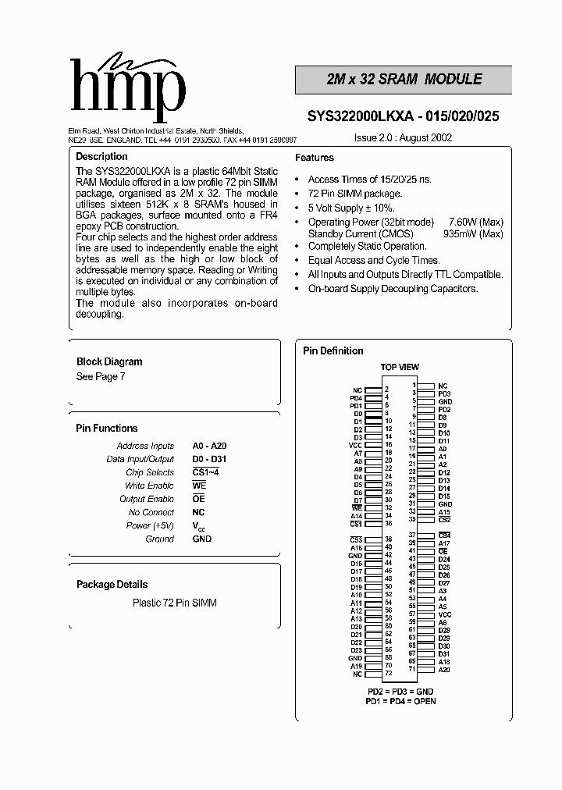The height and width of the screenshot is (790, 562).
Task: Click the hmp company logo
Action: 127,88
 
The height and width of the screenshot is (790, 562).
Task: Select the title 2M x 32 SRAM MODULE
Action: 404,80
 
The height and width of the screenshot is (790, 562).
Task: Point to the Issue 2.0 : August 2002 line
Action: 404,137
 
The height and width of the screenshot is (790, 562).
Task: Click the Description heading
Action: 101,157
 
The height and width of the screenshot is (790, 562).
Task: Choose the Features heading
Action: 315,158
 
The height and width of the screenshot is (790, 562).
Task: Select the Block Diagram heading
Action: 109,361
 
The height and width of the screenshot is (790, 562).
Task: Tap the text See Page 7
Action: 101,376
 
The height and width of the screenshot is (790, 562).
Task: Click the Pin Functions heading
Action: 106,428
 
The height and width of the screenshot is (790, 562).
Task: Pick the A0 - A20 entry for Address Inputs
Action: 209,446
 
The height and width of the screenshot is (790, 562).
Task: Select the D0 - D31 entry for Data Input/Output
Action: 209,459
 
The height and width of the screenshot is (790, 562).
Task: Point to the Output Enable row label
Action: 147,499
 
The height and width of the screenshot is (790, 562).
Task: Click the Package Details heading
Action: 112,584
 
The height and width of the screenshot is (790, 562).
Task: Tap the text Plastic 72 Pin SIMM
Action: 175,603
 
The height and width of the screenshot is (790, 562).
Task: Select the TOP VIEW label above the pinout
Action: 400,367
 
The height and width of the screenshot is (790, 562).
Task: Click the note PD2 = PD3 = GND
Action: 400,692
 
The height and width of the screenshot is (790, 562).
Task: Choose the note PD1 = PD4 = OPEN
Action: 400,701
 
